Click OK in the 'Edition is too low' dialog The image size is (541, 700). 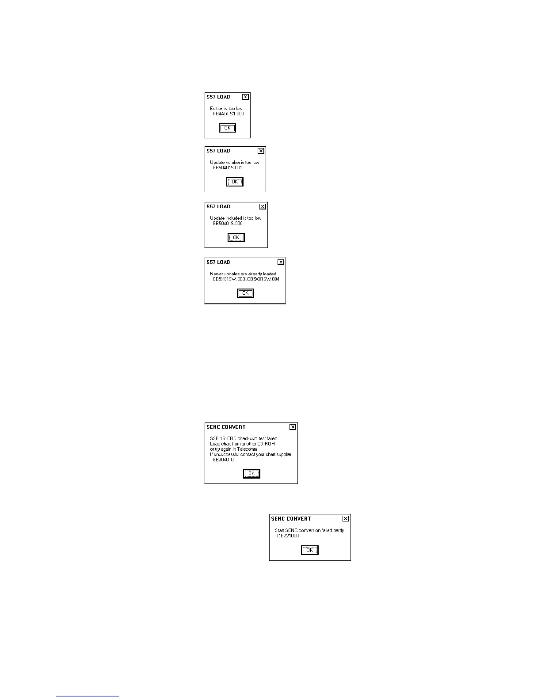coord(228,128)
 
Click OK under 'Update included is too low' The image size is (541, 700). coord(236,238)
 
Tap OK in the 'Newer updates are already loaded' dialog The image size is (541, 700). coord(245,293)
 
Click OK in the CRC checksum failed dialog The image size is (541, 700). coord(251,474)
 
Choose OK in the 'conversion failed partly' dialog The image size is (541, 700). coord(309,550)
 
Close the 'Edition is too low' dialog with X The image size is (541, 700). coord(245,97)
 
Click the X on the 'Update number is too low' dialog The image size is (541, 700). coord(261,151)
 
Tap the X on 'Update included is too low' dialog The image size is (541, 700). coord(263,206)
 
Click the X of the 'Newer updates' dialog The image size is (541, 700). coord(281,262)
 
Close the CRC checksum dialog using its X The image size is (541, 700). coord(293,427)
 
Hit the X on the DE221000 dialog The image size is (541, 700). coord(346,519)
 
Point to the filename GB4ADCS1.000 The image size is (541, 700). coord(228,114)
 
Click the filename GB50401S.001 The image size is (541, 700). coord(227,168)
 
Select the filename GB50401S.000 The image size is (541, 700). coord(227,224)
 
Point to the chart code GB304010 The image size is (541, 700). coord(223,460)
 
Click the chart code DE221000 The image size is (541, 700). coord(288,536)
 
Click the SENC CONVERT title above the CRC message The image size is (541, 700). coord(226,427)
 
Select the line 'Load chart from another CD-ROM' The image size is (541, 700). coord(242,444)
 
